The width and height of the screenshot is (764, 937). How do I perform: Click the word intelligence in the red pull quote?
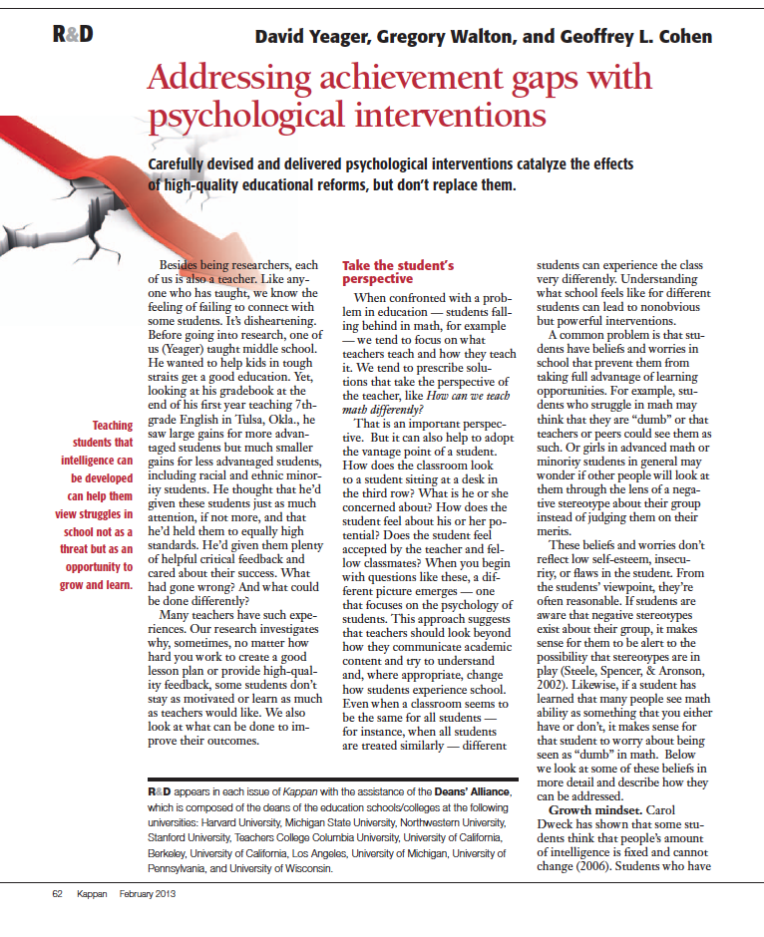(97, 462)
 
